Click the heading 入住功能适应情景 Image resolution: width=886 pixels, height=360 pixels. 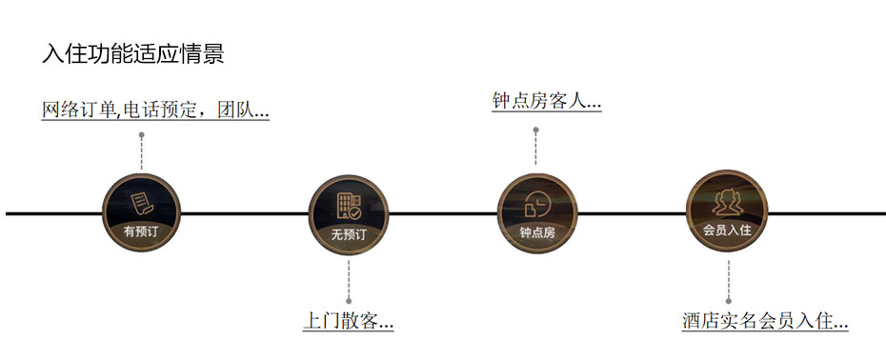pos(133,53)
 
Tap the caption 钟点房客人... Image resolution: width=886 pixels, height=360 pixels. pos(546,101)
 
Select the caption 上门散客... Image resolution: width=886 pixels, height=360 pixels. pos(348,321)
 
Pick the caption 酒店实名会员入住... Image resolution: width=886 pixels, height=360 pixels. pos(765,321)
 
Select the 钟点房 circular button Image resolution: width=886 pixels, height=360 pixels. pos(535,212)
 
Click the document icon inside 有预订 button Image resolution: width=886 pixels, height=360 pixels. pos(141,202)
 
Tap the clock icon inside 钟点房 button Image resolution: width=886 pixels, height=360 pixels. pos(535,203)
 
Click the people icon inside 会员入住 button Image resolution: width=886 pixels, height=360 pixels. pos(728,201)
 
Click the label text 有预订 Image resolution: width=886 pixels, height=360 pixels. pos(141,230)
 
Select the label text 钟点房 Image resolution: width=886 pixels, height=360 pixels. pos(535,231)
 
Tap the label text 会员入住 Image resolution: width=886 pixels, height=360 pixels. pos(728,230)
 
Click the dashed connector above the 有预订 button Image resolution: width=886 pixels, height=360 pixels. pos(141,152)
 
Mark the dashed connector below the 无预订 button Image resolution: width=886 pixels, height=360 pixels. pos(349,279)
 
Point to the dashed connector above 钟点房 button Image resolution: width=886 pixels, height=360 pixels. pos(535,146)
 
